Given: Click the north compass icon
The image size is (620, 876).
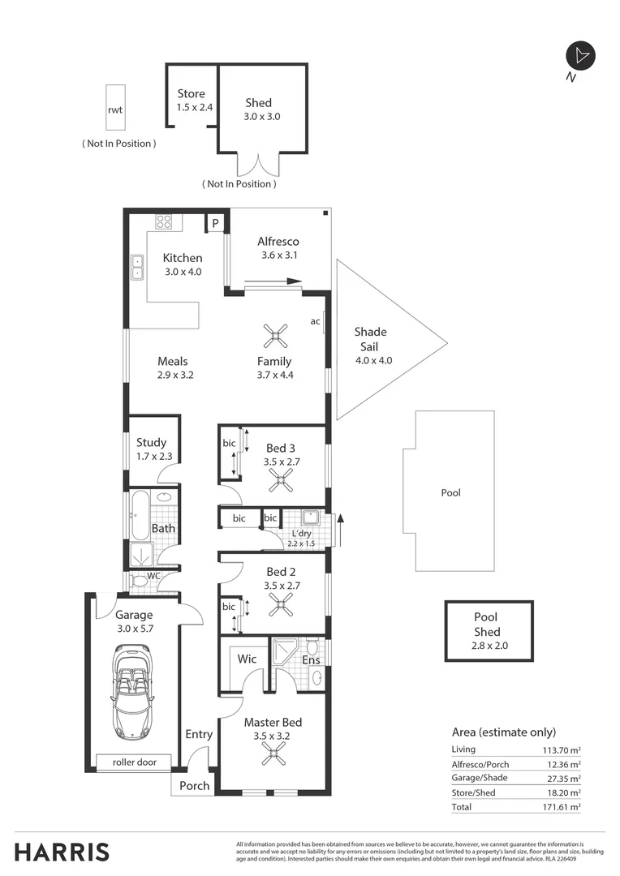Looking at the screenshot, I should [580, 56].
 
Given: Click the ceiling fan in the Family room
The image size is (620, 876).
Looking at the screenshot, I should [275, 335].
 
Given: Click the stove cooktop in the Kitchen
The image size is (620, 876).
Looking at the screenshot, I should [164, 221].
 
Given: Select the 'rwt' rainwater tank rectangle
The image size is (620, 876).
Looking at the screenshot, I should [115, 108].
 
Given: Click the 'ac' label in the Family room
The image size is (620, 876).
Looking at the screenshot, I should [315, 321].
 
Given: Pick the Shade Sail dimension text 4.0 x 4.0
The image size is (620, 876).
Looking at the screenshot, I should [373, 360].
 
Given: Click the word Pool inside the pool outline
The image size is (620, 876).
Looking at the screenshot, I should [450, 492].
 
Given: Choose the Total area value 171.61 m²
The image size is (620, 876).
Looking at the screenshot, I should [563, 808].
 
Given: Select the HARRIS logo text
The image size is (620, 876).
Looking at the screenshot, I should [62, 852].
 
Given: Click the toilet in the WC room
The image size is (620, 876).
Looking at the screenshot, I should [141, 582].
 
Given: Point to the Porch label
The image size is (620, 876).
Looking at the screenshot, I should [194, 785].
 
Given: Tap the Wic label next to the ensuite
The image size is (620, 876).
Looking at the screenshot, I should [247, 659].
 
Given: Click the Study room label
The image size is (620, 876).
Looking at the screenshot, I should [151, 442].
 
